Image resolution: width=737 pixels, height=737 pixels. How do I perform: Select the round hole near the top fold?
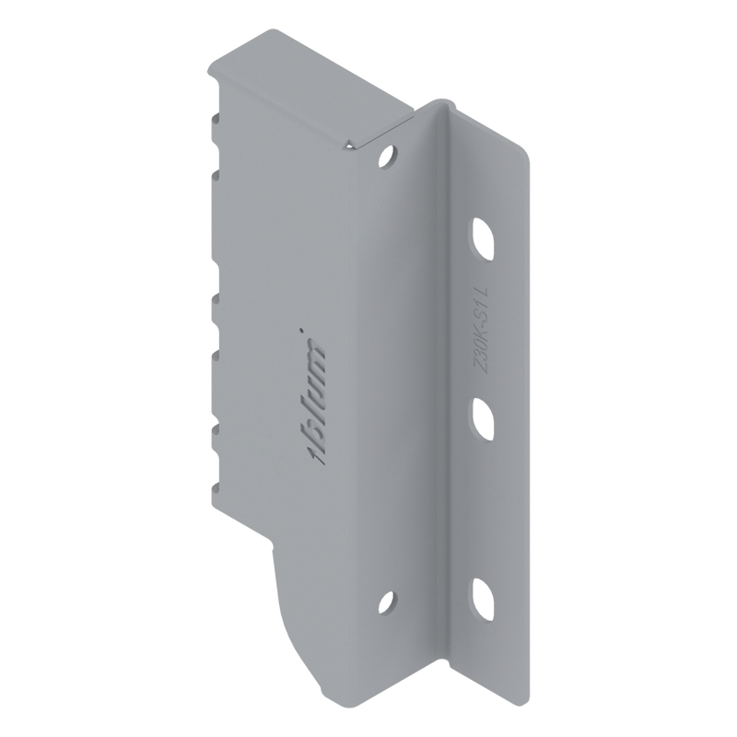(388, 156)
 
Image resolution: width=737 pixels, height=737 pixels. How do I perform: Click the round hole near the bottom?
(387, 602)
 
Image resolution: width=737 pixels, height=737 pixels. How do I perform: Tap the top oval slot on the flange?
(483, 239)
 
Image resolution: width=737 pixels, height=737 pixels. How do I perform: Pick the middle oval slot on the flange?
(483, 420)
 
